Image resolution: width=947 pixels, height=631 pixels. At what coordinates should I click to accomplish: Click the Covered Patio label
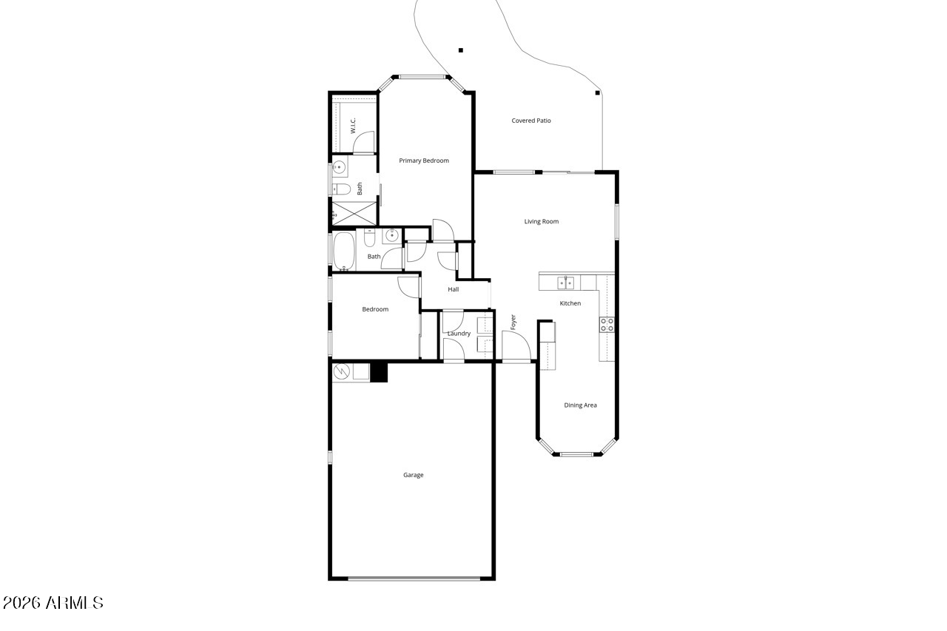531,121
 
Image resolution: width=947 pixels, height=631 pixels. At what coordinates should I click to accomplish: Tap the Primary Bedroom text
424,161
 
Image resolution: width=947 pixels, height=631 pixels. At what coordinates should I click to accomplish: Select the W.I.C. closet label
353,126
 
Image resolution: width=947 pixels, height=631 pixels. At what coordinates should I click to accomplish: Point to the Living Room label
541,221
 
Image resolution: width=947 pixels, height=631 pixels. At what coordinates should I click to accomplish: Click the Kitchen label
570,303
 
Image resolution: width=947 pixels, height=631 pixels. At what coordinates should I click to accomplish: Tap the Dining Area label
580,405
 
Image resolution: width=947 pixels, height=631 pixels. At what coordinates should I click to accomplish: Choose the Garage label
413,475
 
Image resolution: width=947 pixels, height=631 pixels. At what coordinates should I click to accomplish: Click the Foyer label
513,322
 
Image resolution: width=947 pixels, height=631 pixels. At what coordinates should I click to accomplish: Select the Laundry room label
459,334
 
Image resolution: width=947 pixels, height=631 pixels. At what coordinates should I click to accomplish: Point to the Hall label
454,289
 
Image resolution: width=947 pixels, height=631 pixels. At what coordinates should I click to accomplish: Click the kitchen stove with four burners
607,325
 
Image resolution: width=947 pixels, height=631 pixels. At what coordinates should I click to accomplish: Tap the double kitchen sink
566,283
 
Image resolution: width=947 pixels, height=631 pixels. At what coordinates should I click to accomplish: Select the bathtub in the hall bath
344,251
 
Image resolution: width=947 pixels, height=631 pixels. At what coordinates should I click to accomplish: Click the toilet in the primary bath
342,189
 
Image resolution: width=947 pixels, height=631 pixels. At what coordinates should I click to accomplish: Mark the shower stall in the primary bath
354,214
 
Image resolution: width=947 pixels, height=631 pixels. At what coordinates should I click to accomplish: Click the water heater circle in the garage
342,371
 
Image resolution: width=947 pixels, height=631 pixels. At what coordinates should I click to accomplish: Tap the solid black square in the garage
379,373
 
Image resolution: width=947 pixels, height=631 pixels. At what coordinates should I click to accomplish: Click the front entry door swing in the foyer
516,345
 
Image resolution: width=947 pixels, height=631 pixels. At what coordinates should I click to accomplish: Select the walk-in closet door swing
364,142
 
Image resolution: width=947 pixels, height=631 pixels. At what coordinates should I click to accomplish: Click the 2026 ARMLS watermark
53,603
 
